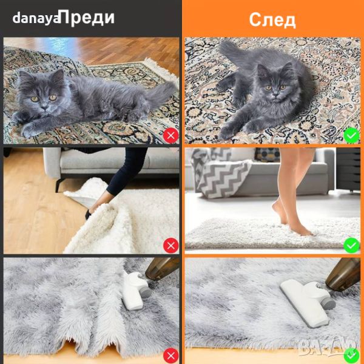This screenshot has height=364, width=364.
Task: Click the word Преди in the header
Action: click(88, 18)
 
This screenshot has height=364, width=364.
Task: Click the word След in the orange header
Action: click(272, 20)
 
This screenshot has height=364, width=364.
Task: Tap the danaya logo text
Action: click(36, 18)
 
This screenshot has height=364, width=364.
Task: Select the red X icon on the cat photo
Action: click(171, 135)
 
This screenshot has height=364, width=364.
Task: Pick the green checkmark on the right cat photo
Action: click(351, 135)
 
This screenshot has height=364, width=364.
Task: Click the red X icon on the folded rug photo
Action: click(171, 245)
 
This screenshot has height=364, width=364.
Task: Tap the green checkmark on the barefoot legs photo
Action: click(351, 245)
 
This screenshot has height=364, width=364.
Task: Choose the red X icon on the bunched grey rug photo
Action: click(171, 356)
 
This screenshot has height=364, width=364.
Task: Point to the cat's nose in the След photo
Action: click(275, 94)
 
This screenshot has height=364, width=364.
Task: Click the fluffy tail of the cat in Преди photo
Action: click(160, 93)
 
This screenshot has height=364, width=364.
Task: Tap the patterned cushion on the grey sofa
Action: click(268, 154)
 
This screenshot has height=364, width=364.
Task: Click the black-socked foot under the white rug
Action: click(89, 214)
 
